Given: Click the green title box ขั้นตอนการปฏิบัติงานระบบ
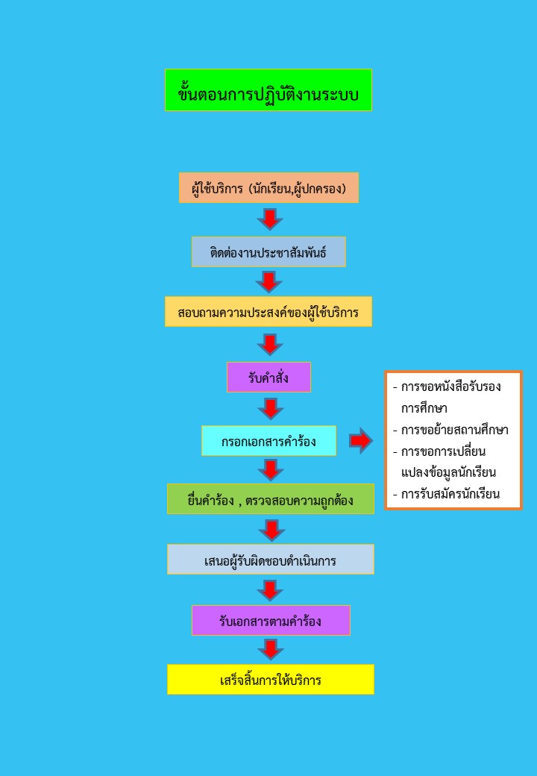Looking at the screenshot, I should (268, 90).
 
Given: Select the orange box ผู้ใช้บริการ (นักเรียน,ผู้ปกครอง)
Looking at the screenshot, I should (268, 188).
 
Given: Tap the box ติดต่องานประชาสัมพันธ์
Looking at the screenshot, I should (268, 252).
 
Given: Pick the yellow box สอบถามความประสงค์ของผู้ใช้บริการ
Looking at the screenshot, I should (268, 312).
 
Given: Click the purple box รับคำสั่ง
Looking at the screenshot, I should (268, 378).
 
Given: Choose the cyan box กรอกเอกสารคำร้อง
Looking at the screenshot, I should (268, 441).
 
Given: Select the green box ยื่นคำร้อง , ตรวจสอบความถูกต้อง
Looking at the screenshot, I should (270, 499).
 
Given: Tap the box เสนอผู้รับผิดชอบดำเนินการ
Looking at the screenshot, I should (270, 560).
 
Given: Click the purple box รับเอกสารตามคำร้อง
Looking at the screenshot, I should (271, 620).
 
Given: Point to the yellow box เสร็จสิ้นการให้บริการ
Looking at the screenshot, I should (270, 680).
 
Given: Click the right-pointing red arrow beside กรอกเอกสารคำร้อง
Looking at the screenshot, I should (360, 441).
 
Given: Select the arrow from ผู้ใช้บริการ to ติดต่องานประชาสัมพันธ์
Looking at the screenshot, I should (270, 219).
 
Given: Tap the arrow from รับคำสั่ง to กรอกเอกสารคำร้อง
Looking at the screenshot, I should (270, 409).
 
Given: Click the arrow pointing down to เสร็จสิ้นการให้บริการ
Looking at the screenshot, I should (270, 650).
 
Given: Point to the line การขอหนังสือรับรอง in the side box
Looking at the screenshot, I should (450, 387).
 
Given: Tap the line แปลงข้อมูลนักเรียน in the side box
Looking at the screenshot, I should (448, 472).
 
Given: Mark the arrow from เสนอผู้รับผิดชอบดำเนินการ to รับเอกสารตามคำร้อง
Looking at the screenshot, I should (270, 590).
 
